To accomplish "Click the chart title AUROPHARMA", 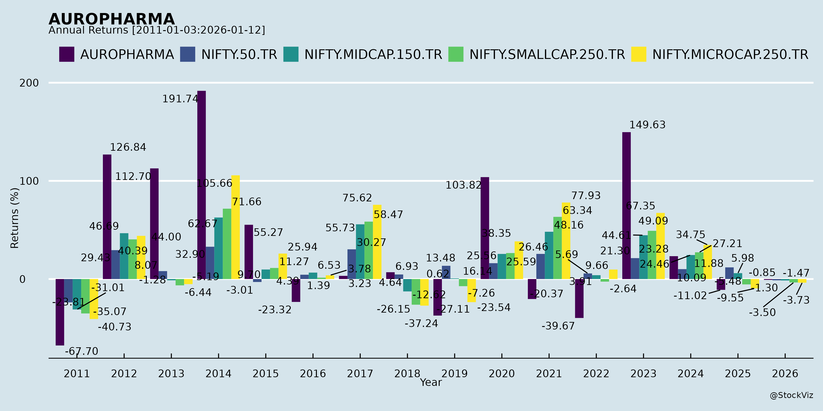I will click(112, 19).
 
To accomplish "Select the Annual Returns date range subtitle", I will click(157, 30).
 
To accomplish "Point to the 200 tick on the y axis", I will click(29, 83).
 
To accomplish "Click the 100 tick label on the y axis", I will click(29, 181).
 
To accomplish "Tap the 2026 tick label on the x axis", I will click(785, 374).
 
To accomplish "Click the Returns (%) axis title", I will click(15, 218).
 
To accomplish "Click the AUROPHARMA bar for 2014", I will click(202, 185).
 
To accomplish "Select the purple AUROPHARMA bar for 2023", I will click(627, 206).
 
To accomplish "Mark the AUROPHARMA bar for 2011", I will click(60, 312).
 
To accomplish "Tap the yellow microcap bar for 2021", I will click(566, 241).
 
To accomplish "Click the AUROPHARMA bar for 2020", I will click(485, 228).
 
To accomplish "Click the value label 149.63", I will click(647, 125).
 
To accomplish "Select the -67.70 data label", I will click(81, 351).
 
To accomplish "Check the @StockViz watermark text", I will click(791, 395).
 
